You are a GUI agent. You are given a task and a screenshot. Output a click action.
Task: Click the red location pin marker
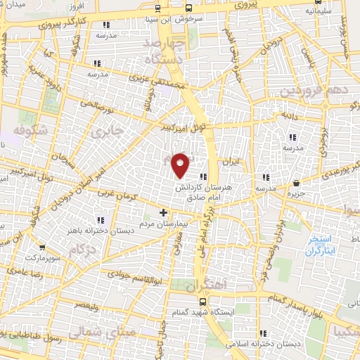coord(181,164)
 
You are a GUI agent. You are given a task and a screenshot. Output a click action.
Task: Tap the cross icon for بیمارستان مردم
coord(164,212)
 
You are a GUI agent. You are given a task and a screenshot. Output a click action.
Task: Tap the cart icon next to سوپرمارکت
coord(44,248)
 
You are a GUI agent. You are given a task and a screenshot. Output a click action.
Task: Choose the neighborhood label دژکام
coord(83,250)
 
